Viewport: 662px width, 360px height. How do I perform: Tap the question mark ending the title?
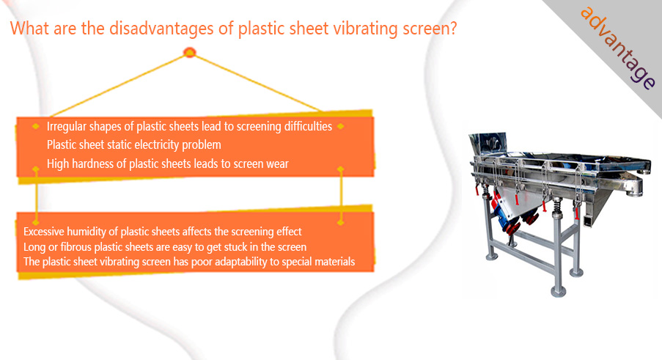click(x=452, y=28)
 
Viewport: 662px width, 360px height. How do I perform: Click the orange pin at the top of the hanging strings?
click(x=190, y=52)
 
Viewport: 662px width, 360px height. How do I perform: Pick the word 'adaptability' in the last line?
click(x=241, y=262)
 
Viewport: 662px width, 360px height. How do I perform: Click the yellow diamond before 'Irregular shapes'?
click(x=35, y=126)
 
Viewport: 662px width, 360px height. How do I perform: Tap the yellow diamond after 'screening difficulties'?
click(x=341, y=126)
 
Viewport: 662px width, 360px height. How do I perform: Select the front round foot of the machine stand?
click(x=558, y=290)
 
